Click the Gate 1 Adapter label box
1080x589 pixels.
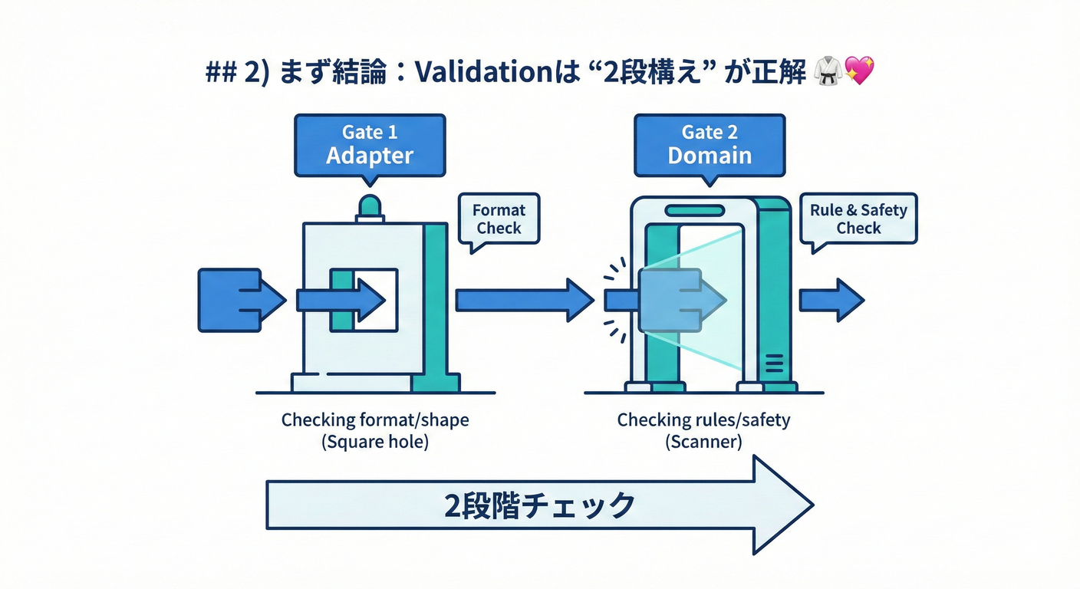click(x=369, y=145)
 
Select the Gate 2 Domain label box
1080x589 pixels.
click(x=710, y=145)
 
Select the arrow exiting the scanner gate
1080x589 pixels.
click(x=831, y=300)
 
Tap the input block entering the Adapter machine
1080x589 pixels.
click(x=229, y=300)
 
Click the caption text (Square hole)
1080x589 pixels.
click(x=375, y=443)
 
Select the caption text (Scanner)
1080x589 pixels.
click(x=703, y=443)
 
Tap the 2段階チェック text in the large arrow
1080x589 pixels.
click(x=539, y=505)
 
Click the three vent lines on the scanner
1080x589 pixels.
click(x=773, y=363)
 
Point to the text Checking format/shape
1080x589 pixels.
click(x=375, y=420)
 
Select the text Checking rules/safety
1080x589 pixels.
click(x=703, y=420)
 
